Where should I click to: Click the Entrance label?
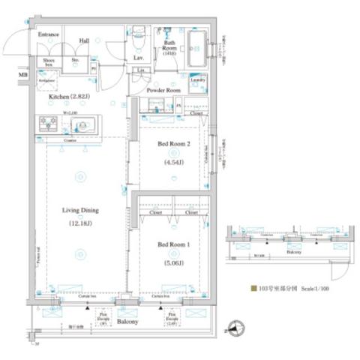tap(49, 33)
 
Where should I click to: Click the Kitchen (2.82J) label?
tap(69, 97)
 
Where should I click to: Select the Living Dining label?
tap(80, 211)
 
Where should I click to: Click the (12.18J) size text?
tap(80, 223)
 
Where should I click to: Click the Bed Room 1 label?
tap(172, 245)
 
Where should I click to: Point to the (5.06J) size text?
tap(172, 263)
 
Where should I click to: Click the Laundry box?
tap(197, 79)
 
